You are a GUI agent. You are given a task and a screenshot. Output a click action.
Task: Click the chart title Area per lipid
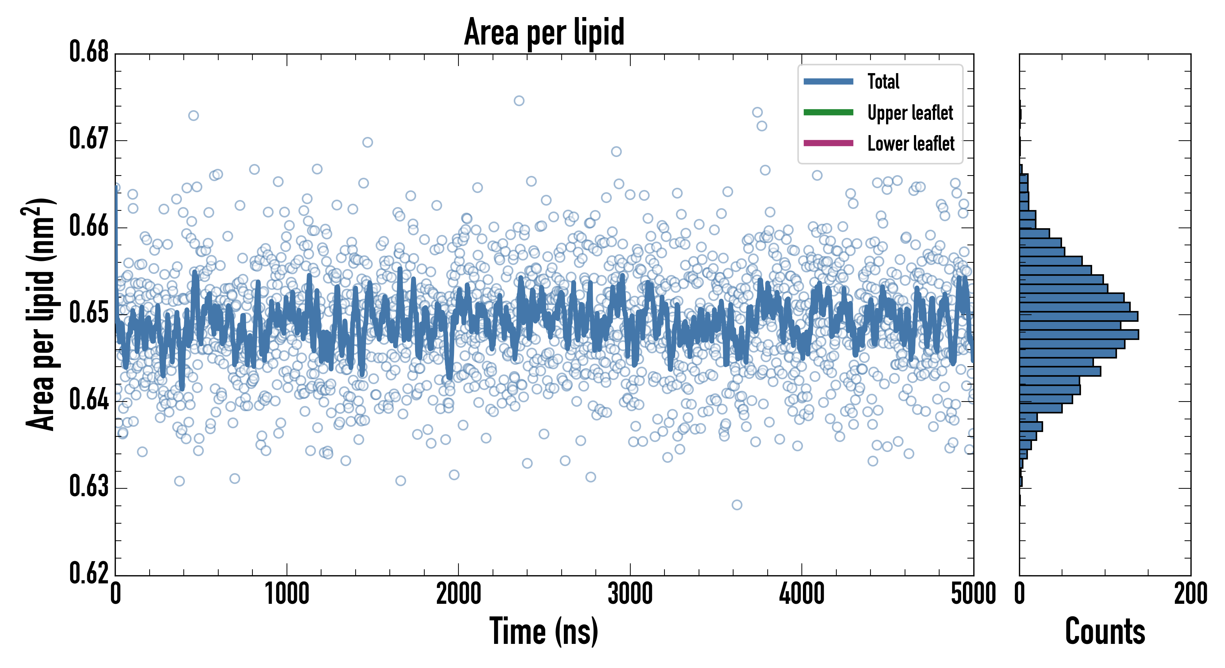pyautogui.click(x=544, y=32)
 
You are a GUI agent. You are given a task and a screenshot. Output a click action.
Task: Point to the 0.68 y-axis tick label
pyautogui.click(x=89, y=52)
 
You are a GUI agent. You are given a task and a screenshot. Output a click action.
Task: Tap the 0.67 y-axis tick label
pyautogui.click(x=89, y=139)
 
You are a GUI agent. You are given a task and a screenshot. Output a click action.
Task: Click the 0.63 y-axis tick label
pyautogui.click(x=89, y=487)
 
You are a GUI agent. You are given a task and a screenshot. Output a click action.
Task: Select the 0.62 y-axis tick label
pyautogui.click(x=89, y=573)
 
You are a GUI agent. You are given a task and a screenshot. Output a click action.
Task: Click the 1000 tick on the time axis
pyautogui.click(x=287, y=594)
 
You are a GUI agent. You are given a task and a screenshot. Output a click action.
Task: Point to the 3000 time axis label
pyautogui.click(x=630, y=594)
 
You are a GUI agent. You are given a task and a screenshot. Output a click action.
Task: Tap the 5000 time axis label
pyautogui.click(x=973, y=594)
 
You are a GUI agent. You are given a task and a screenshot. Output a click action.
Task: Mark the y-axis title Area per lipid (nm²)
pyautogui.click(x=40, y=314)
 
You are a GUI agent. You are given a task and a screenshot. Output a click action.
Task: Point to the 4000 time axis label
pyautogui.click(x=802, y=594)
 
